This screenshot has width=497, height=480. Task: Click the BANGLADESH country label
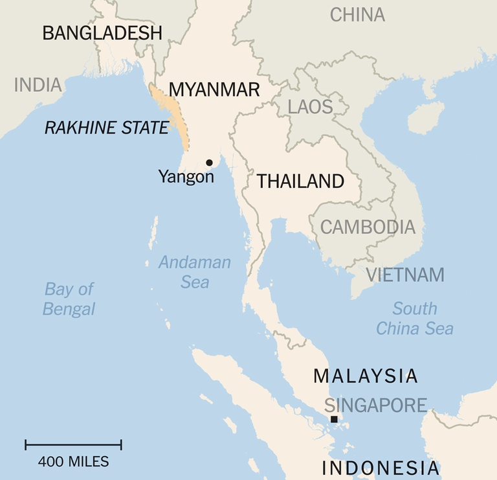click(102, 34)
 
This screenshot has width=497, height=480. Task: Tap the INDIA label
click(38, 85)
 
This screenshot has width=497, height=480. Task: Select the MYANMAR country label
click(214, 89)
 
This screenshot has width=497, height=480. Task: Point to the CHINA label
click(357, 14)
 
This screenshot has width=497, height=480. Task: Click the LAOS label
click(310, 107)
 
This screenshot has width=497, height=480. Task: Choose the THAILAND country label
click(300, 181)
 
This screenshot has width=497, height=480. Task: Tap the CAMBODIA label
click(368, 227)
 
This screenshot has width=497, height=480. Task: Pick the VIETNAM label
click(405, 275)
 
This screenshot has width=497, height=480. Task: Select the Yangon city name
click(186, 176)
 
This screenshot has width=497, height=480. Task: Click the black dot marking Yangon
click(209, 163)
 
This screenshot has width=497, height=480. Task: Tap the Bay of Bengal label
click(69, 299)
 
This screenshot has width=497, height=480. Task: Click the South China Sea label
click(415, 318)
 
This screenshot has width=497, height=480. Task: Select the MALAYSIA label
click(366, 376)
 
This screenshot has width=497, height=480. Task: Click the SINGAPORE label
click(375, 406)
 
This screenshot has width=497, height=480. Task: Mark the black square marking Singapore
click(334, 419)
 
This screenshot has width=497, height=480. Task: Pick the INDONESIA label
click(381, 468)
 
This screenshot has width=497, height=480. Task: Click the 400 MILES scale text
click(73, 462)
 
